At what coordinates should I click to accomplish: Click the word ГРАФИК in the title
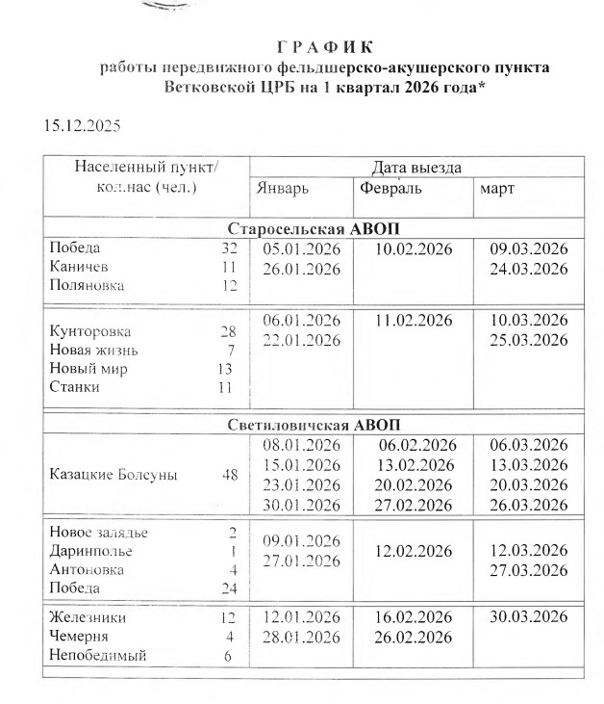(x=324, y=46)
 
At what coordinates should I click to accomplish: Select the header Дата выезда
(x=415, y=168)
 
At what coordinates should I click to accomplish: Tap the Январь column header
(x=283, y=189)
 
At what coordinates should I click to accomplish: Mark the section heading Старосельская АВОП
(x=313, y=229)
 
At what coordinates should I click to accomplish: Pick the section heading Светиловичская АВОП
(x=313, y=424)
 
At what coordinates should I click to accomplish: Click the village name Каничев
(x=79, y=266)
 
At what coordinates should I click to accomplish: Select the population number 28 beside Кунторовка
(x=228, y=331)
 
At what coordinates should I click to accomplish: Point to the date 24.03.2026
(x=529, y=269)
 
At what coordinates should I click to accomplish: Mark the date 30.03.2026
(x=529, y=616)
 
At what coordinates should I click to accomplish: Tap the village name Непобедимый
(x=97, y=656)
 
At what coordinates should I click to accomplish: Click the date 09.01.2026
(x=302, y=540)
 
